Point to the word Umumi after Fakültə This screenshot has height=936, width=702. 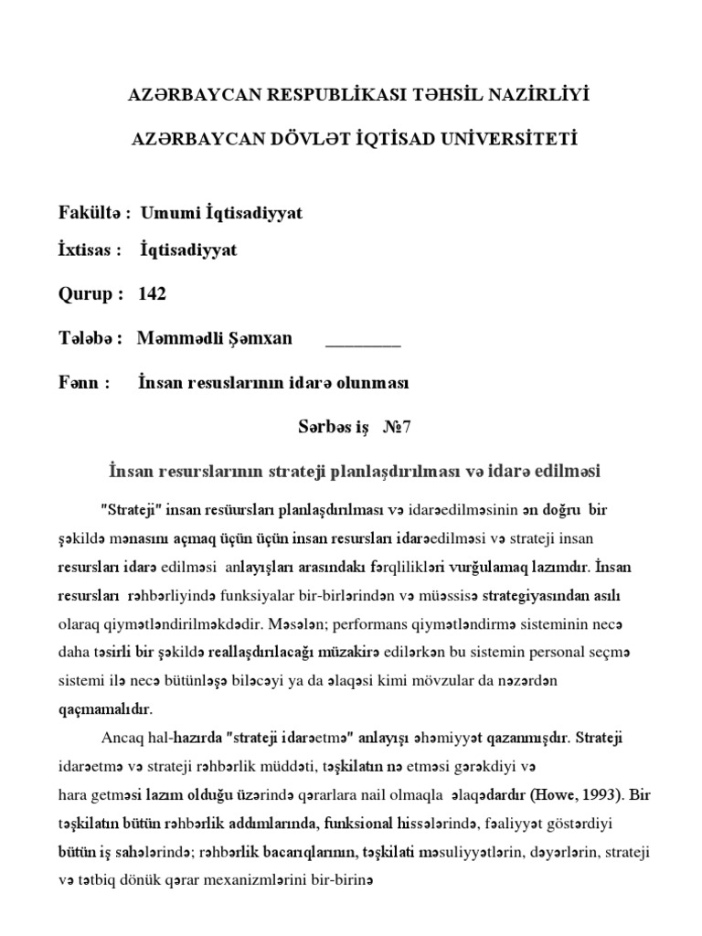pos(168,213)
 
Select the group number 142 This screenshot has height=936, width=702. pos(153,294)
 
